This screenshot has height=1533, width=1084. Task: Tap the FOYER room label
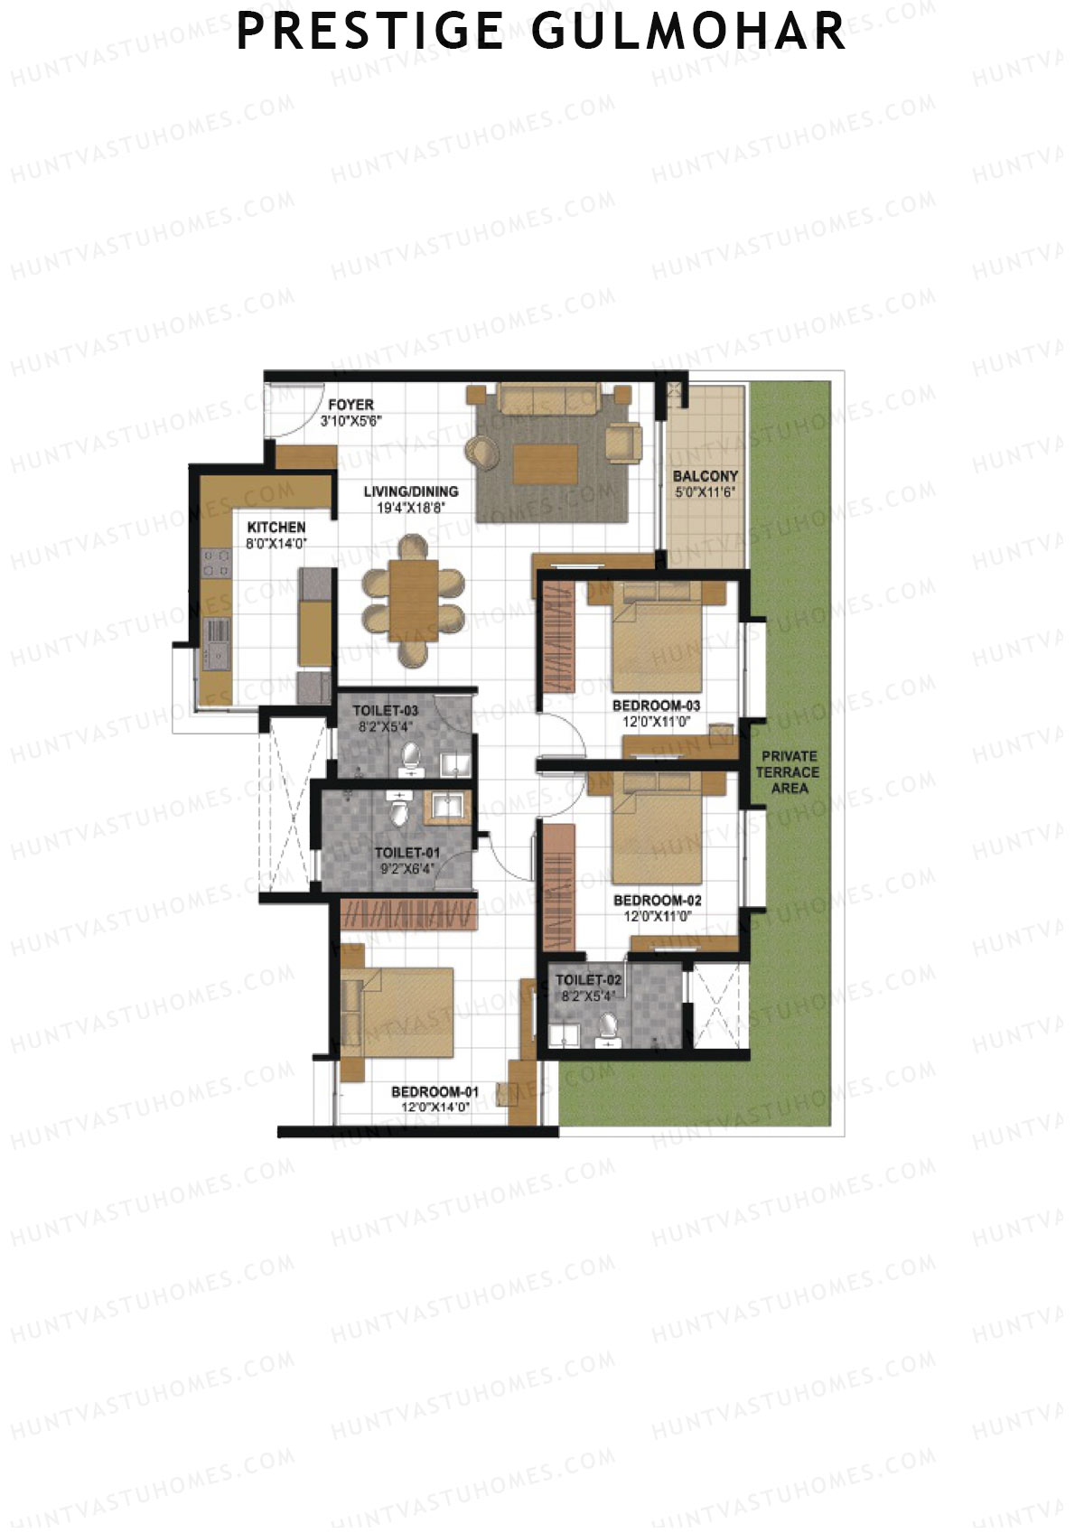pos(350,405)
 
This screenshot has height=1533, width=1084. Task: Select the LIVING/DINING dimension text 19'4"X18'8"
pos(411,509)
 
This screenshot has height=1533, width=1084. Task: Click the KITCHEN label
pos(276,527)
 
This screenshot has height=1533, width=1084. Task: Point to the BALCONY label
pos(706,476)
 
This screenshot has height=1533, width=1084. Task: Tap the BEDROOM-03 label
pos(657,706)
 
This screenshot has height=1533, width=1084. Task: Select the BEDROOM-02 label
pos(657,901)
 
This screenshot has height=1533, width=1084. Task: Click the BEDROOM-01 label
pos(435,1091)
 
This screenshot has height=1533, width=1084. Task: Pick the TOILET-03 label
pos(385,711)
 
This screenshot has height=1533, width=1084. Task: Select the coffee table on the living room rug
pos(545,463)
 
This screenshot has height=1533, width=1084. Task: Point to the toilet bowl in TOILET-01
pos(398,812)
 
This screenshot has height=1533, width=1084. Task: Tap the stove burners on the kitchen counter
pos(216,565)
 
